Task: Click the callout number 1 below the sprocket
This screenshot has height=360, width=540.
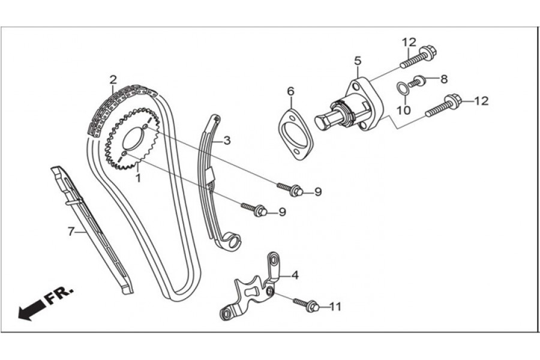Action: (x=138, y=178)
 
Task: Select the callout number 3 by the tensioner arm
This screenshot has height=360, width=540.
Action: (x=227, y=140)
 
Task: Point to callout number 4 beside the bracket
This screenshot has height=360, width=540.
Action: (x=295, y=275)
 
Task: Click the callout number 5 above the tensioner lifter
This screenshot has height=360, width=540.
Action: (x=358, y=61)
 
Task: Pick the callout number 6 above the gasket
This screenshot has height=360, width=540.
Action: (x=291, y=91)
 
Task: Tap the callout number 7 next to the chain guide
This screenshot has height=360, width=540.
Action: (x=70, y=230)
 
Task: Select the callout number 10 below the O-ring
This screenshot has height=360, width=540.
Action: (x=404, y=110)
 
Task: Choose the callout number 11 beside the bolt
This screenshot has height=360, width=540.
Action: (x=335, y=307)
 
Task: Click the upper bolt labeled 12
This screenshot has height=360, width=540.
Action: (x=418, y=58)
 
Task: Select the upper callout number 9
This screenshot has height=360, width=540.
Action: (x=318, y=191)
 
